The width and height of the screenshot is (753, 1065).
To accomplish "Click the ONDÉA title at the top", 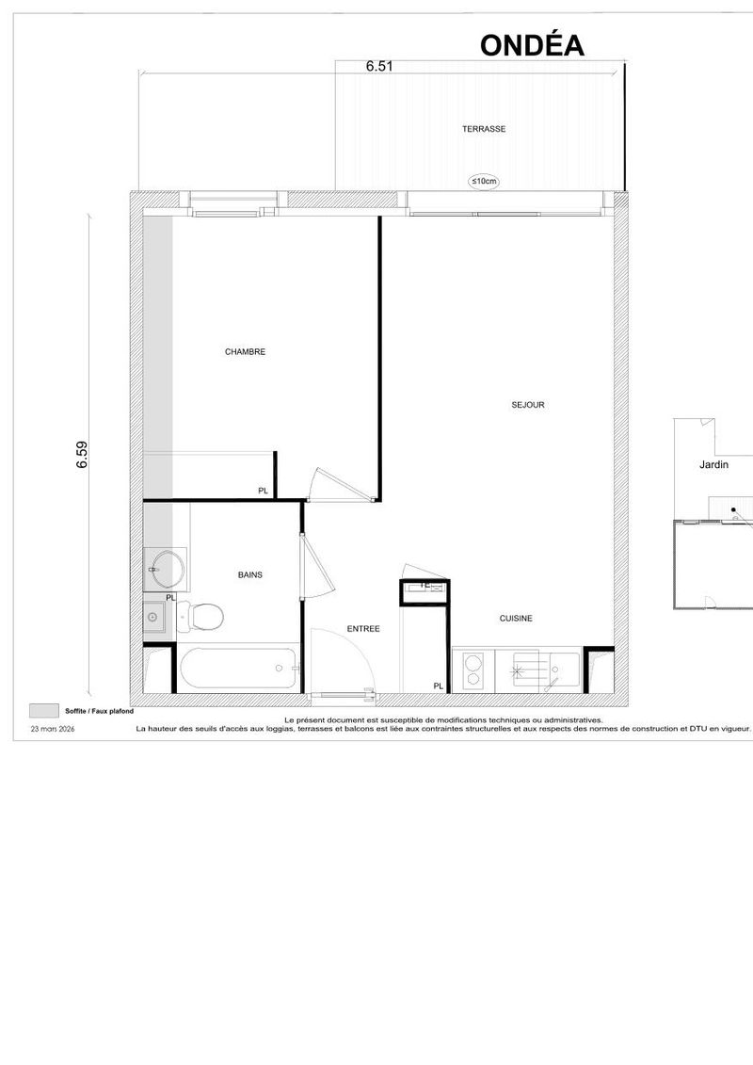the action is point(532,45).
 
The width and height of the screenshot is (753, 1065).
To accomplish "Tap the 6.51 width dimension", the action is point(379,67).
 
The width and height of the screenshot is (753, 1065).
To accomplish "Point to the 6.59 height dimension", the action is point(82,455).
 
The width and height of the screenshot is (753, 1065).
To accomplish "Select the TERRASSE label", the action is point(484,129).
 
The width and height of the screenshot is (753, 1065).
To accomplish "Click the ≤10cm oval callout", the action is point(484,182).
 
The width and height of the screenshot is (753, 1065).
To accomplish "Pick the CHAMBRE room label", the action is point(245,352).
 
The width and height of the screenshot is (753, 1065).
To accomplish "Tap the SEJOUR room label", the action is point(528,405).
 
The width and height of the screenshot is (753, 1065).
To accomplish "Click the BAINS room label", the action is point(249,575).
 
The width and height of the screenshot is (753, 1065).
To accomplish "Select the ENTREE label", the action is point(363,629).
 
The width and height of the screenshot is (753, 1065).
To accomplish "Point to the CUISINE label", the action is point(516,618).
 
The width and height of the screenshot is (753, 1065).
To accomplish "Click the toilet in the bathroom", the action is point(201,616).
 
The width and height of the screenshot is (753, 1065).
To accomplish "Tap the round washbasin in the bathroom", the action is point(166,569).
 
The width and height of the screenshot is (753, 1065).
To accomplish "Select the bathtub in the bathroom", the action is point(237,669).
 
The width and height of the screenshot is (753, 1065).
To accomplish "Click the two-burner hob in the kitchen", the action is point(473,669).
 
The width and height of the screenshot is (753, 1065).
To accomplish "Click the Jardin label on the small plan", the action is point(713,464).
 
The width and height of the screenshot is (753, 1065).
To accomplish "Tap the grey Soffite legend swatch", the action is point(44,711).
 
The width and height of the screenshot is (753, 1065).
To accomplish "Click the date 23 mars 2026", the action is point(53,729).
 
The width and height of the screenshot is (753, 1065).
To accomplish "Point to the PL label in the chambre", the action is point(263,491).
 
